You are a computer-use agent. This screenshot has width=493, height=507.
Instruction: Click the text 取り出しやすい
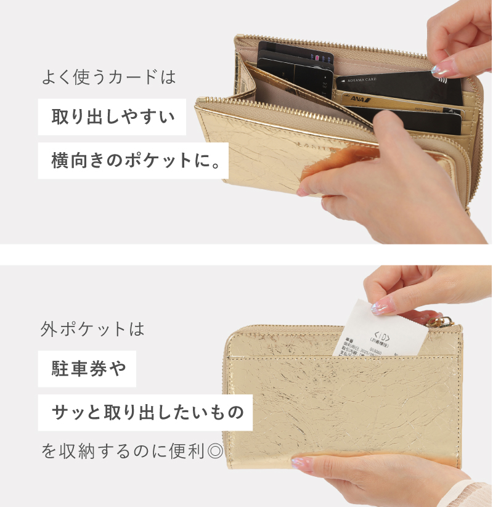coord(112,116)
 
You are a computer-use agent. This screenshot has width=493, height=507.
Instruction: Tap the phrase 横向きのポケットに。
coord(133,161)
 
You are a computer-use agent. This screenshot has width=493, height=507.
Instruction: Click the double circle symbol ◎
coord(215,452)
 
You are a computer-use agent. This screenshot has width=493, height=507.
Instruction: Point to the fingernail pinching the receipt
coord(381,306)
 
